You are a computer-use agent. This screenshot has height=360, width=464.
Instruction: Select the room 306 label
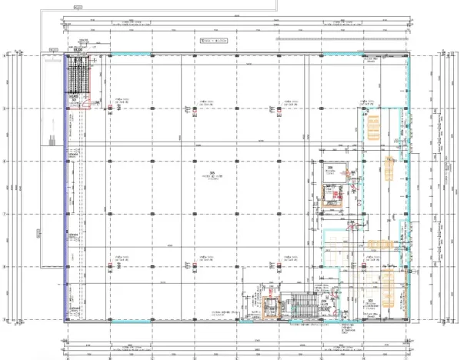329,167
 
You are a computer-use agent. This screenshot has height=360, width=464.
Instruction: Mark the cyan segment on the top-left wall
123,55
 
